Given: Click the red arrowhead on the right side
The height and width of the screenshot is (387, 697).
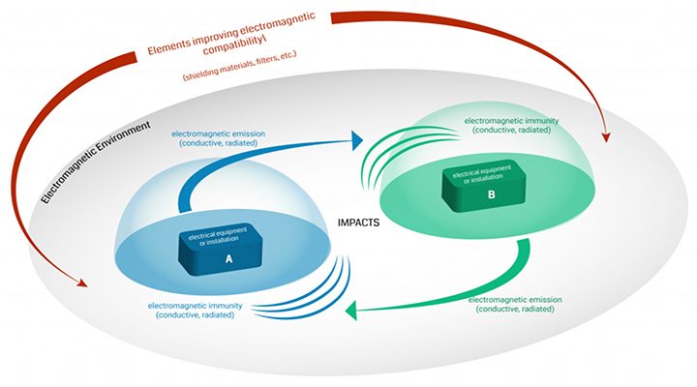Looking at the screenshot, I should pos(607,134).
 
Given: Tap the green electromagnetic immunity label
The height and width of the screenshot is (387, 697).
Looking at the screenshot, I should pos(515,127).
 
